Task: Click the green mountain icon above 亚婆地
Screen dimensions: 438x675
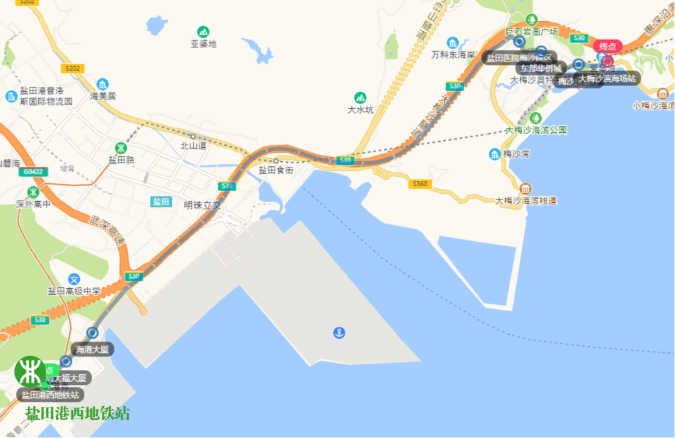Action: tap(203, 31)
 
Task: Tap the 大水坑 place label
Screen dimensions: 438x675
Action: tap(360, 110)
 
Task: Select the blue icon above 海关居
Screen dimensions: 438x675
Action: tap(102, 84)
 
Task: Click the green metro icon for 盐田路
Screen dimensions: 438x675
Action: tap(121, 147)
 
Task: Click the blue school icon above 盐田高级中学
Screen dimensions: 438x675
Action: tap(74, 279)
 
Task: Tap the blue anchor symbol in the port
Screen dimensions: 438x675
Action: tap(339, 332)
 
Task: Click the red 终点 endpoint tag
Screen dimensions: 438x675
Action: tap(607, 46)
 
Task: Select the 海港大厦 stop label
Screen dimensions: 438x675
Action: tap(92, 349)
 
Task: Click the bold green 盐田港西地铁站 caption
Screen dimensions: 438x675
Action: tap(77, 414)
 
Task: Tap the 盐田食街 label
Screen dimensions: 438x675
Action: tap(276, 169)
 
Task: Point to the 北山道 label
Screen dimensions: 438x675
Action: tap(192, 145)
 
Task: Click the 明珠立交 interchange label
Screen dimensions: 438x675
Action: tap(202, 205)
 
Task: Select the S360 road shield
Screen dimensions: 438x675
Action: tap(420, 184)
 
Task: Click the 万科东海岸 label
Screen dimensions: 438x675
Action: tap(453, 54)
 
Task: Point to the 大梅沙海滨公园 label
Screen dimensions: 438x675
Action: tap(536, 130)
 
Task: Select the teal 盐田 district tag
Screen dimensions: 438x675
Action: tap(161, 201)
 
